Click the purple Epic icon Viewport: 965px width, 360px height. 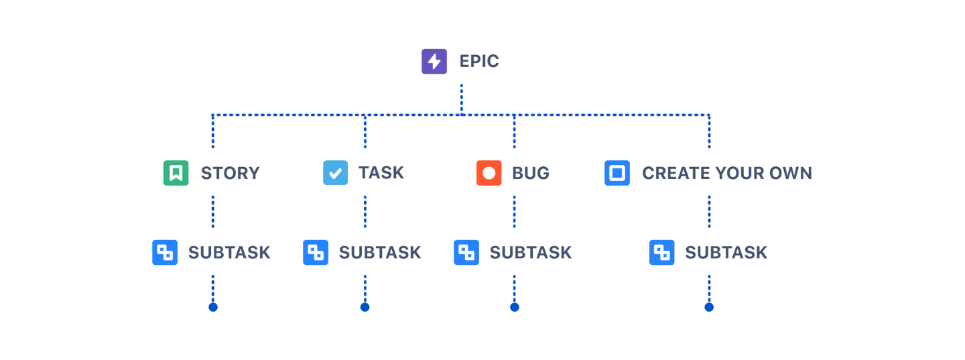tap(434, 62)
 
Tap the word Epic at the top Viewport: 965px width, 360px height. tap(479, 62)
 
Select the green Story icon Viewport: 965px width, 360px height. tap(176, 173)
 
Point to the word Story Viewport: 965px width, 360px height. tap(229, 174)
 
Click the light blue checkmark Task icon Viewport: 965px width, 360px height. tap(335, 173)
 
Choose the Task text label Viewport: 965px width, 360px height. tap(381, 173)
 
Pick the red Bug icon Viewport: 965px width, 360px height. tap(489, 173)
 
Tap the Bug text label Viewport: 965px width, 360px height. tap(530, 174)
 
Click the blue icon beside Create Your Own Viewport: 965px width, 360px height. tap(618, 173)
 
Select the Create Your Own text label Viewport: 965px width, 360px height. tap(726, 174)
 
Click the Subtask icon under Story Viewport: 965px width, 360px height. tap(166, 253)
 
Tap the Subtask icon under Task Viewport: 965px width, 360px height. tap(316, 253)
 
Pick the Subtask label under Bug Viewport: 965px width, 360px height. tap(529, 253)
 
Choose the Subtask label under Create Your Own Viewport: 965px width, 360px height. tap(726, 253)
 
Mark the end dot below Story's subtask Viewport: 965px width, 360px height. tap(212, 308)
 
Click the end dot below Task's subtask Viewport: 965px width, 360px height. tap(365, 308)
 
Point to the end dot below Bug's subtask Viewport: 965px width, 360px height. tap(514, 308)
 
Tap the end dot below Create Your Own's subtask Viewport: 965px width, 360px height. tap(709, 308)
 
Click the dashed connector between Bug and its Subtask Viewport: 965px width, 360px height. tap(514, 211)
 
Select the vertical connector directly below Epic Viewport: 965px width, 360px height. tap(461, 97)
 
